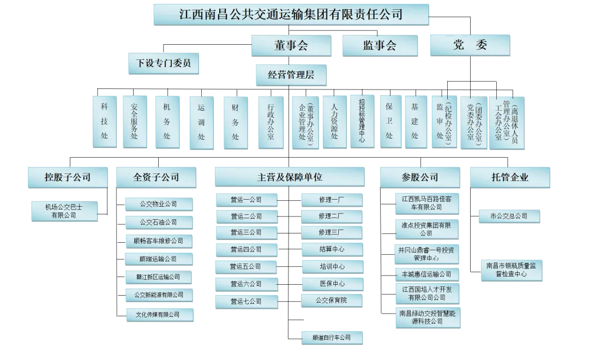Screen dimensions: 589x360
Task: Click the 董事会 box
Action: [x=290, y=46]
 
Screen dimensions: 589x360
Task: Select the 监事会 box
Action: [x=380, y=46]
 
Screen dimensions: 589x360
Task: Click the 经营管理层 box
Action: [x=291, y=75]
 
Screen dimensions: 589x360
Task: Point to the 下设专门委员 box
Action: [x=163, y=64]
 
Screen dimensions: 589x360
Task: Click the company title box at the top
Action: [x=291, y=14]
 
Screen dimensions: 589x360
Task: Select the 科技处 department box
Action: [x=105, y=121]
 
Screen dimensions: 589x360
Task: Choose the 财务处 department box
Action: [x=236, y=122]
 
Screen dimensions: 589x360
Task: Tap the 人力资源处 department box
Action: [x=334, y=121]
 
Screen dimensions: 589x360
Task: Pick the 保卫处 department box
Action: [x=389, y=121]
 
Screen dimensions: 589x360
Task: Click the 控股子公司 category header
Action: [x=68, y=177]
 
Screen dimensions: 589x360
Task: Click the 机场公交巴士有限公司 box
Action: [x=64, y=211]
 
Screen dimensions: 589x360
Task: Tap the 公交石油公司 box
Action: [x=159, y=223]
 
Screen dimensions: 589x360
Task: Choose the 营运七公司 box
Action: [x=246, y=301]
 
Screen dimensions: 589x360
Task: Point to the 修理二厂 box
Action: [x=332, y=217]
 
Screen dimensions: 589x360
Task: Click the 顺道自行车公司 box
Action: [x=332, y=338]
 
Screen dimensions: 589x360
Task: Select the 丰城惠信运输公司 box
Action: [x=426, y=274]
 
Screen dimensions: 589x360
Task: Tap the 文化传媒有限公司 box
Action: [x=158, y=315]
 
